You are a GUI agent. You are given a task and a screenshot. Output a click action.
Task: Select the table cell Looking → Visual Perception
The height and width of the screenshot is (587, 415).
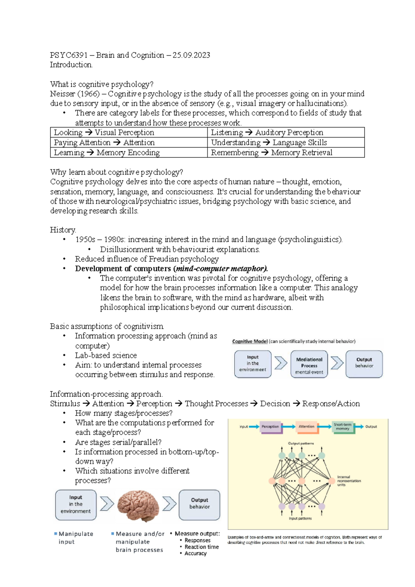[104, 133]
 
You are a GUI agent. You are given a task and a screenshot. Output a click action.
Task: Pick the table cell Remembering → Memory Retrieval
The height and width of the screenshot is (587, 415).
[271, 153]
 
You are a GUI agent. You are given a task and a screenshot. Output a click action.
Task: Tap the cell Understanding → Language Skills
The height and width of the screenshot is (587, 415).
[269, 143]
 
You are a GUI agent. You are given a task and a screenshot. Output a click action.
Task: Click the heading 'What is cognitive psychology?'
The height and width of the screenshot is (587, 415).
[101, 84]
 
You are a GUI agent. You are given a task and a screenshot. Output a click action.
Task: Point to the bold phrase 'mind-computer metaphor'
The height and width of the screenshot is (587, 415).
[221, 269]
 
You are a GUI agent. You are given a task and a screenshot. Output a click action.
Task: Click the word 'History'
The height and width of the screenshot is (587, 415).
[63, 230]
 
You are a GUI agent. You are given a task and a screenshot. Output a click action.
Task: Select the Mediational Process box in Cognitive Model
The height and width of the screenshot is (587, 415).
[309, 364]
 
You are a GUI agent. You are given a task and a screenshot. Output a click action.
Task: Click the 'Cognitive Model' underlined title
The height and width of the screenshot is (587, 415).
[250, 341]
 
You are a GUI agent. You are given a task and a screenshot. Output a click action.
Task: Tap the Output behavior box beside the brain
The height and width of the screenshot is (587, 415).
[199, 505]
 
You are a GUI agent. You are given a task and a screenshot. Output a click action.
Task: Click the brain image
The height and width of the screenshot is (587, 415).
[138, 506]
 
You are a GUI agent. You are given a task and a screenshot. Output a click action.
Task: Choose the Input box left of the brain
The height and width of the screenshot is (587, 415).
[76, 505]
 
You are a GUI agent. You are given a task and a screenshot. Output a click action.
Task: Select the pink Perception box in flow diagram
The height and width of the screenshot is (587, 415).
[270, 427]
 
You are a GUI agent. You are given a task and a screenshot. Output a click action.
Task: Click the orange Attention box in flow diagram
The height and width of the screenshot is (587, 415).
[306, 427]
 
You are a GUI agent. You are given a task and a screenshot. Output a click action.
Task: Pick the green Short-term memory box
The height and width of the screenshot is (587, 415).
[342, 427]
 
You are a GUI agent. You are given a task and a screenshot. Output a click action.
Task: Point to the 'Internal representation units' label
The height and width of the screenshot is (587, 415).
[349, 481]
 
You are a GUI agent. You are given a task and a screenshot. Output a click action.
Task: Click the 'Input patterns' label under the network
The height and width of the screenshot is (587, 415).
[300, 518]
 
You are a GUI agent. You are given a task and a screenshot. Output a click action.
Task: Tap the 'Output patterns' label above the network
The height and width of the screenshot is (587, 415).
[301, 443]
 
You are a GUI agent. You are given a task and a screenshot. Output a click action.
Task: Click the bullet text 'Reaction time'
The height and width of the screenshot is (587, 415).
[202, 547]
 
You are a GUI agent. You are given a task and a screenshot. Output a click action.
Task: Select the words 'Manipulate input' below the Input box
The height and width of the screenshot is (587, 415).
[75, 538]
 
